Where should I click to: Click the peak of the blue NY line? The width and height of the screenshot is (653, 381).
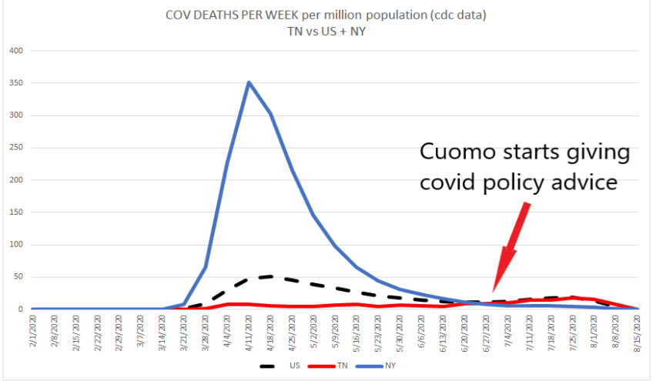[249, 82]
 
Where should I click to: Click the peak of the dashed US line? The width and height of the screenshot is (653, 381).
[270, 276]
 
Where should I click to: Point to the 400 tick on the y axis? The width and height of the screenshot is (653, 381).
[15, 51]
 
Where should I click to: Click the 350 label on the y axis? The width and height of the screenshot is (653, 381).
[15, 83]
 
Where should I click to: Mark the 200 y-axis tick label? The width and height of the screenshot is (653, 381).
[15, 180]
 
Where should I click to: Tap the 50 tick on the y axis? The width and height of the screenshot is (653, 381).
[18, 277]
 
